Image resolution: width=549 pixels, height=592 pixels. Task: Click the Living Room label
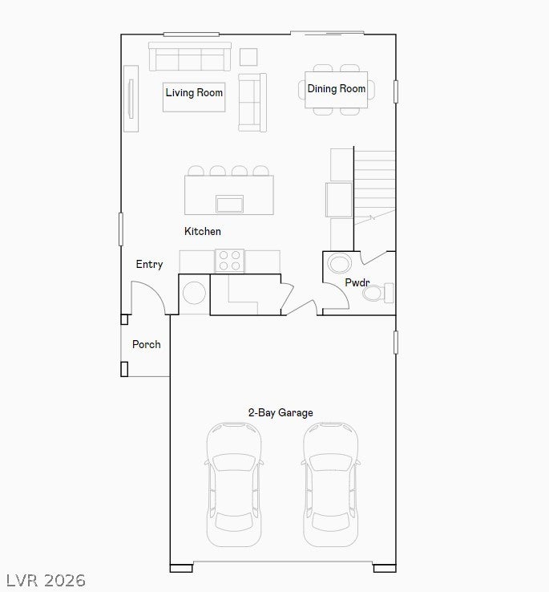(194, 92)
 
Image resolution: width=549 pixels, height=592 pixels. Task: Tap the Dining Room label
(336, 89)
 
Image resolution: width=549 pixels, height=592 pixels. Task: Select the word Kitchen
(203, 231)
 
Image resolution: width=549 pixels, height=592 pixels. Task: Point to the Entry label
(149, 264)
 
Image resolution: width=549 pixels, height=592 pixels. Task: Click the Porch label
(147, 344)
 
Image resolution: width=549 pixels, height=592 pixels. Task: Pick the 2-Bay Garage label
(281, 412)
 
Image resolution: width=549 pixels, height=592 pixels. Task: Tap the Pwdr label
(357, 282)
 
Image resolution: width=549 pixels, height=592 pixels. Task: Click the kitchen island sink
(229, 204)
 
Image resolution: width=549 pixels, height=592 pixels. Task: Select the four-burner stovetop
(229, 261)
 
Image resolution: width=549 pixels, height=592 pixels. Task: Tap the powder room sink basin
(339, 263)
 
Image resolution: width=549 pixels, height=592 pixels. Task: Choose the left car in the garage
(234, 485)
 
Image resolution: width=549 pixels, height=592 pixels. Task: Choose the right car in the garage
(330, 485)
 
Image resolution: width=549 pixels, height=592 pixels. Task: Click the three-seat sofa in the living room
(190, 57)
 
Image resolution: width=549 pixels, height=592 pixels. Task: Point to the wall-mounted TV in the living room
(131, 99)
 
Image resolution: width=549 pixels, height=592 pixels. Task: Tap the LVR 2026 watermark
(46, 580)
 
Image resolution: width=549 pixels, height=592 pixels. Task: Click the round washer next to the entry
(194, 293)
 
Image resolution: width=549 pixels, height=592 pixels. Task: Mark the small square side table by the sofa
(248, 57)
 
